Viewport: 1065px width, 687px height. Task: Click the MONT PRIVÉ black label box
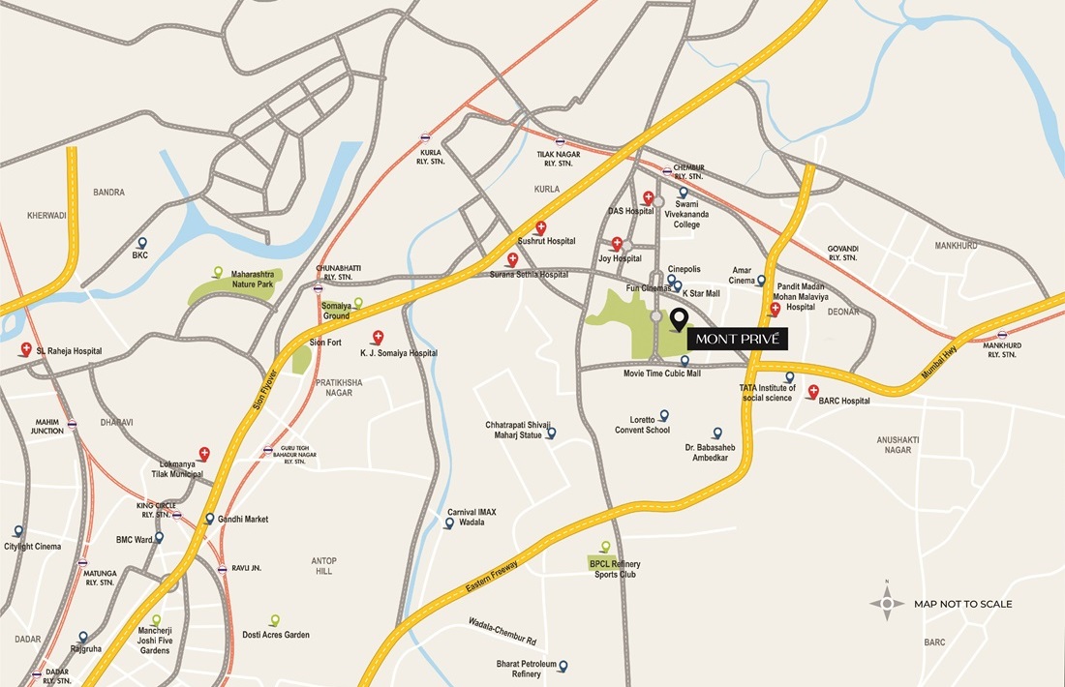point(737,340)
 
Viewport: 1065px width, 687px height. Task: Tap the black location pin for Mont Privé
point(678,318)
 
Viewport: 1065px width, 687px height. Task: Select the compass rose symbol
point(887,604)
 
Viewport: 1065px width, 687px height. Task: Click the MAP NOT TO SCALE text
point(963,604)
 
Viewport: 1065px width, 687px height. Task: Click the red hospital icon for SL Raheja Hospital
point(26,349)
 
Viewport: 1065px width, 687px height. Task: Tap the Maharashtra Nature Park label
point(253,280)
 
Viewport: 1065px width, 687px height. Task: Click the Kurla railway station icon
point(426,138)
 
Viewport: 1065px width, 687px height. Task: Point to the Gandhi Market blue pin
point(210,519)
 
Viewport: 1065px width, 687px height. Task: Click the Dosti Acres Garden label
point(276,635)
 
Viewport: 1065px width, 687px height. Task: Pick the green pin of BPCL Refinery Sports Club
point(606,547)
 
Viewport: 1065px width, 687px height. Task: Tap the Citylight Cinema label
point(33,547)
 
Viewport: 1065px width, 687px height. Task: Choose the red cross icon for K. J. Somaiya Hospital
point(378,337)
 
